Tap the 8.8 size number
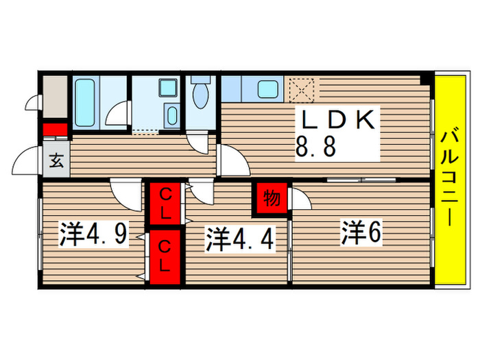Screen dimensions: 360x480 (315, 147)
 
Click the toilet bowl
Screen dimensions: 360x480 (202, 95)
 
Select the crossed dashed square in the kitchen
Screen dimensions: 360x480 (302, 89)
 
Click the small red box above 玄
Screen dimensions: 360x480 (54, 130)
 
